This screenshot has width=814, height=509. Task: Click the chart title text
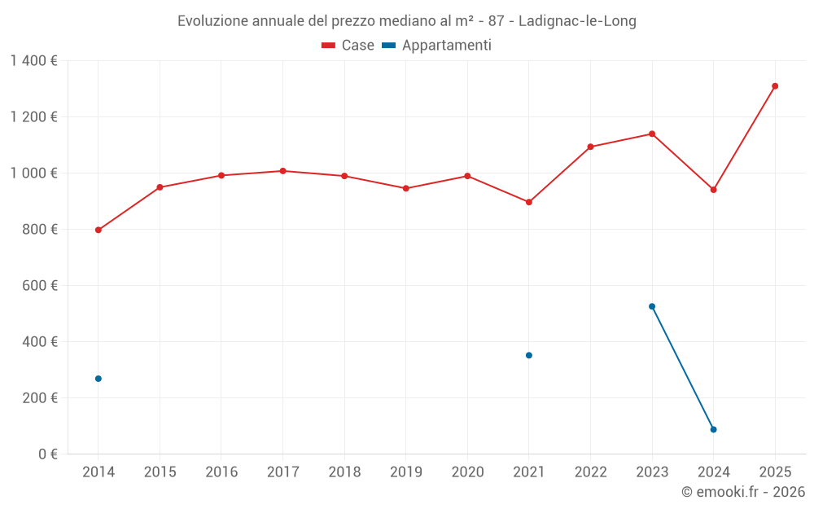pyautogui.click(x=407, y=21)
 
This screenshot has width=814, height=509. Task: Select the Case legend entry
pyautogui.click(x=348, y=46)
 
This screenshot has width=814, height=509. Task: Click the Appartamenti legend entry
pyautogui.click(x=437, y=46)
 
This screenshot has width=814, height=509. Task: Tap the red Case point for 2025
pyautogui.click(x=775, y=86)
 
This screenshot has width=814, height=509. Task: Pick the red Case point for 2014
pyautogui.click(x=98, y=230)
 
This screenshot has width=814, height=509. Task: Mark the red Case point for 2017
pyautogui.click(x=282, y=171)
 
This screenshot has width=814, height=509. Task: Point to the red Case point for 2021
pyautogui.click(x=529, y=202)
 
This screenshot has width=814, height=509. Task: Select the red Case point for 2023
pyautogui.click(x=652, y=134)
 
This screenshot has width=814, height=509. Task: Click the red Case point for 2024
pyautogui.click(x=713, y=190)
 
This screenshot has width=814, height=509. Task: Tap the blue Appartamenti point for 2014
pyautogui.click(x=98, y=379)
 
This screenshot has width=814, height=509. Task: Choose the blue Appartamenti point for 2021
pyautogui.click(x=529, y=355)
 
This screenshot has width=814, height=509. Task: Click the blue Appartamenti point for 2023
pyautogui.click(x=652, y=306)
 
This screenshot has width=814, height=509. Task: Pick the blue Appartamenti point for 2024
pyautogui.click(x=713, y=429)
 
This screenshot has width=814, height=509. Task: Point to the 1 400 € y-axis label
pyautogui.click(x=33, y=61)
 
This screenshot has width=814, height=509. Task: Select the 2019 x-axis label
pyautogui.click(x=406, y=472)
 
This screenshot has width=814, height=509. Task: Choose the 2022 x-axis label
pyautogui.click(x=590, y=472)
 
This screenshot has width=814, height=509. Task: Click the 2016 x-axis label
pyautogui.click(x=221, y=472)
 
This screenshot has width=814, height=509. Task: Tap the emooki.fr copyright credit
pyautogui.click(x=743, y=492)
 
